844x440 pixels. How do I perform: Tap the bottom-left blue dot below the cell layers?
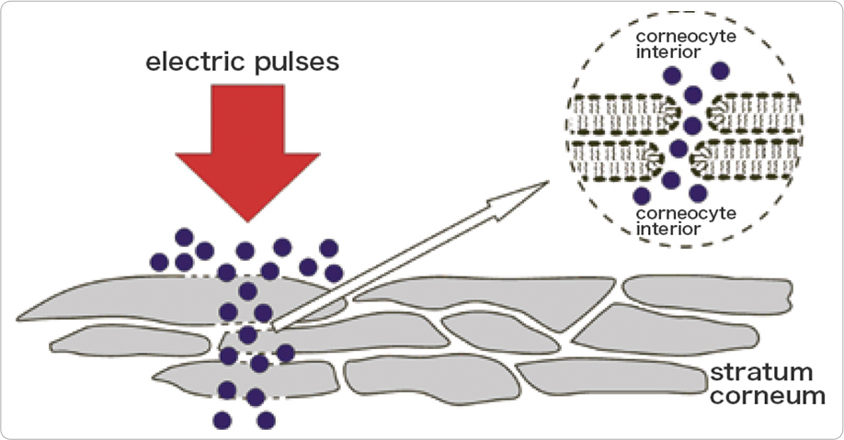[222, 420]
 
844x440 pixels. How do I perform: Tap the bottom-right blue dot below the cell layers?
[266, 420]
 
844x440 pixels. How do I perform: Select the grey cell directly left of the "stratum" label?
[607, 377]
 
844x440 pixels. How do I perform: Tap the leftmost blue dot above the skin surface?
[159, 262]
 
